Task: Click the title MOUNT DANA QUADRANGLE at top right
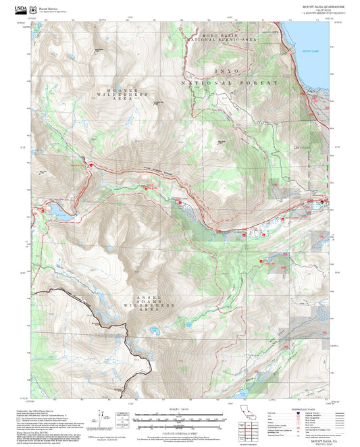[324, 6]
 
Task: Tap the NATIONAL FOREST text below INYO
[230, 82]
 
